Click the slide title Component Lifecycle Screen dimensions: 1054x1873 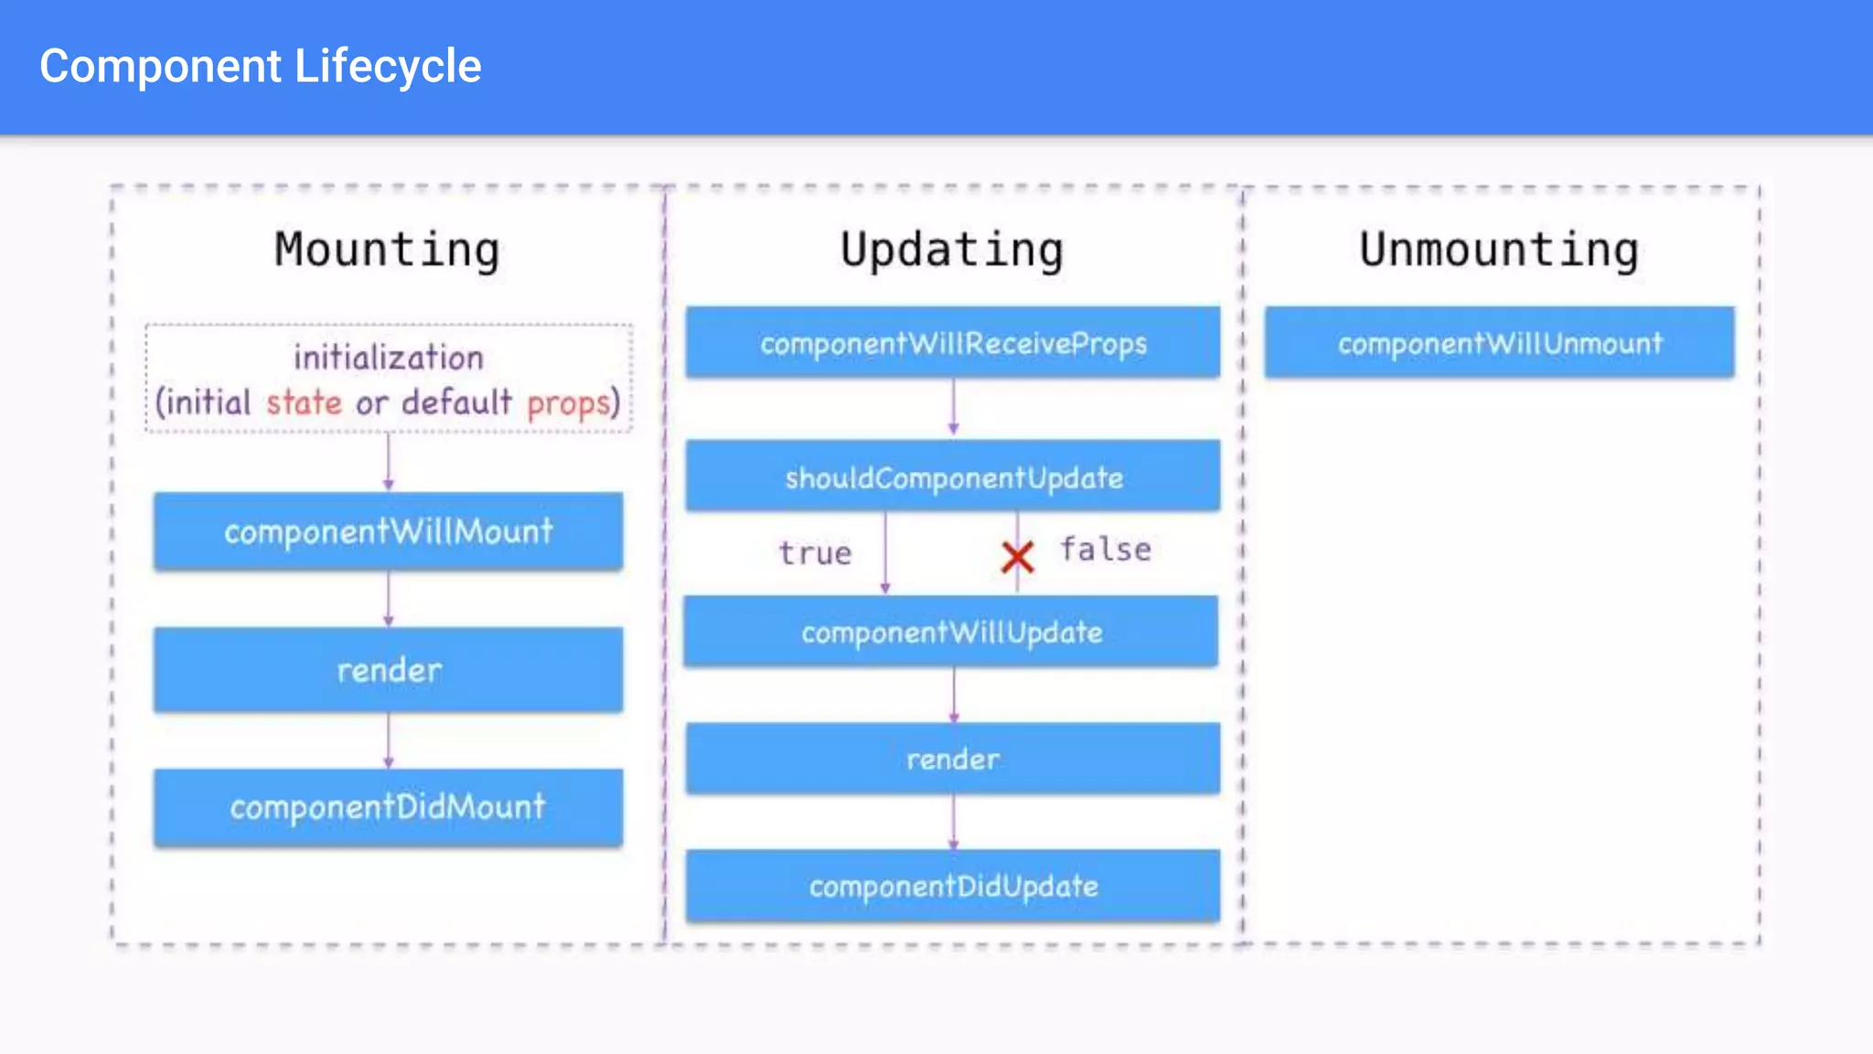pyautogui.click(x=261, y=67)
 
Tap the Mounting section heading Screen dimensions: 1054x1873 pyautogui.click(x=388, y=251)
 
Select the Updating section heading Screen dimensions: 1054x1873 pyautogui.click(x=952, y=251)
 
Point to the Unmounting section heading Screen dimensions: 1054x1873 pyautogui.click(x=1499, y=251)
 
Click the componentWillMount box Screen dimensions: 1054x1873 pyautogui.click(x=388, y=532)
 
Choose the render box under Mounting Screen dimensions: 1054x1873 pyautogui.click(x=388, y=670)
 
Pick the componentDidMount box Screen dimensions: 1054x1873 pyautogui.click(x=388, y=807)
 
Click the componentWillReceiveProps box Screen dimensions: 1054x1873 pyautogui.click(x=953, y=343)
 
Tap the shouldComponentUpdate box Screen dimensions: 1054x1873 pyautogui.click(x=953, y=477)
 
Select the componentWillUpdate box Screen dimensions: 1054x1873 pyautogui.click(x=951, y=631)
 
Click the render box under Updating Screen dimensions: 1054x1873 pyautogui.click(x=953, y=758)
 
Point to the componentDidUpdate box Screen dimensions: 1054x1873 pyautogui.click(x=953, y=886)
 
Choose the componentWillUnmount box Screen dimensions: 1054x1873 pyautogui.click(x=1500, y=343)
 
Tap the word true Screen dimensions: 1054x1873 pyautogui.click(x=815, y=554)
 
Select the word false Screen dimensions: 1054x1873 pyautogui.click(x=1105, y=550)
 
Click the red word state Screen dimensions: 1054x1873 pyautogui.click(x=304, y=403)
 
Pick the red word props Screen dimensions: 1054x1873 pyautogui.click(x=568, y=403)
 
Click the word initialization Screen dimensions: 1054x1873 pyautogui.click(x=389, y=358)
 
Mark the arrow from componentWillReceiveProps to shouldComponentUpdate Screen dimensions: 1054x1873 pyautogui.click(x=953, y=408)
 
